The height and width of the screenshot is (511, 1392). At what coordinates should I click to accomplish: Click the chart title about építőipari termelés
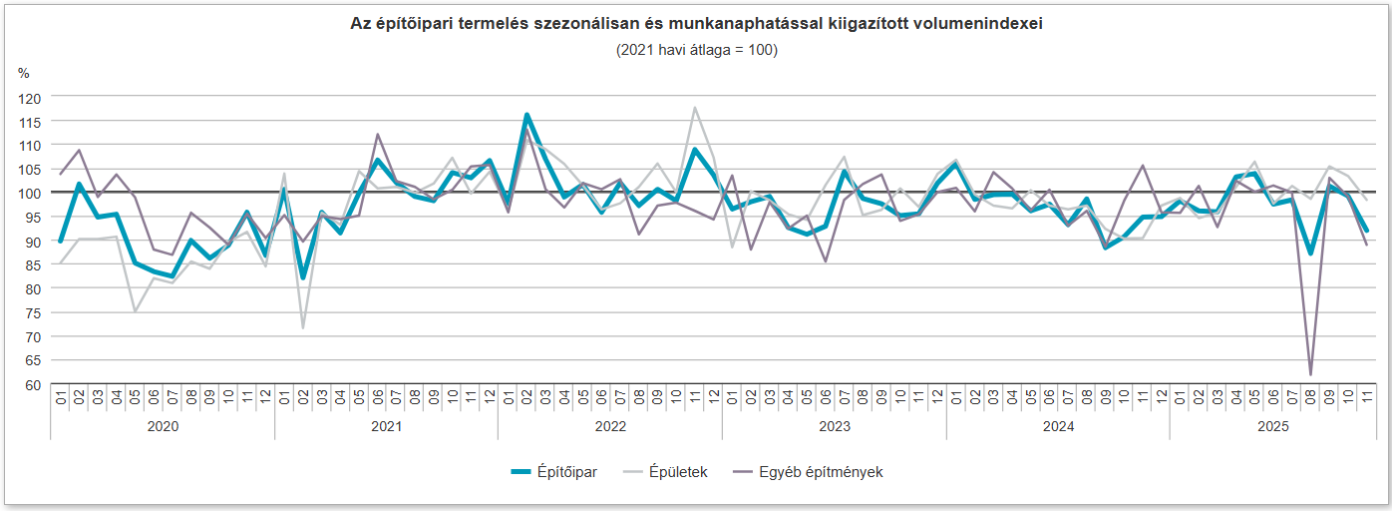(696, 25)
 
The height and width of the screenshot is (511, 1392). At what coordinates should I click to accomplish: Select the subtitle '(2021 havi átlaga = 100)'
(696, 50)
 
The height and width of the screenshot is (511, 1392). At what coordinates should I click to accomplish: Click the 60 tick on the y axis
(33, 385)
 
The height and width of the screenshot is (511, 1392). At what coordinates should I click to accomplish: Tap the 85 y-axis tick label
(33, 265)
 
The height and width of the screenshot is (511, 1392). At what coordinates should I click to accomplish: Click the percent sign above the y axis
(24, 73)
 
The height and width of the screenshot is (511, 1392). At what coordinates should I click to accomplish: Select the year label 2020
(163, 426)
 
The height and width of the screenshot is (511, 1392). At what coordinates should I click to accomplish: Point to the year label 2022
(610, 426)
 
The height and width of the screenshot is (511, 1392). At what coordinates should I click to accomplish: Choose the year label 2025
(1272, 426)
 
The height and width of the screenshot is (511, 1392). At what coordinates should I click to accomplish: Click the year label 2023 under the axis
(834, 426)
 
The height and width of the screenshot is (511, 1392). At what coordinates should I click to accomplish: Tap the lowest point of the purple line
(1310, 375)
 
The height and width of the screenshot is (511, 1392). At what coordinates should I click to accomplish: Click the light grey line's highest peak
(695, 108)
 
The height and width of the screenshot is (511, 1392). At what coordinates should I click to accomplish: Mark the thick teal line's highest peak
(526, 116)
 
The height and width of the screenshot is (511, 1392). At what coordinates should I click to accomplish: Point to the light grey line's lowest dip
(302, 327)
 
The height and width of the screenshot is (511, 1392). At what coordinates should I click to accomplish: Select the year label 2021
(386, 426)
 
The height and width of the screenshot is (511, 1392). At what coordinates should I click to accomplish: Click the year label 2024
(1058, 426)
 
